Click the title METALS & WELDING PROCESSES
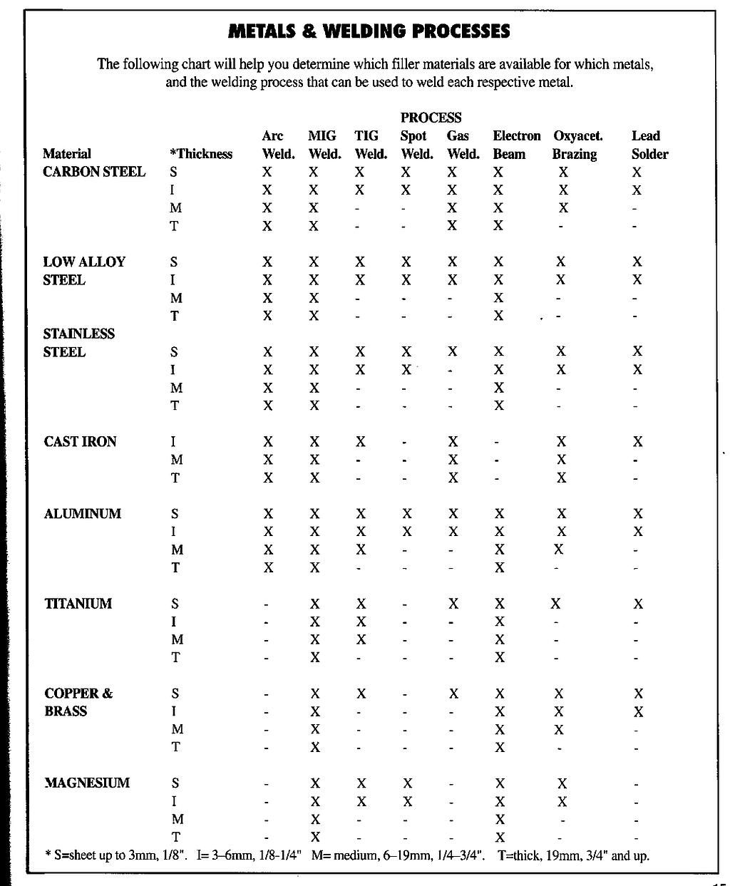[369, 31]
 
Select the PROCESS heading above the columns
[431, 118]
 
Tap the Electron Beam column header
[516, 145]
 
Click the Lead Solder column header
[649, 145]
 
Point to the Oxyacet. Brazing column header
[577, 145]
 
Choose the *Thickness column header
[201, 154]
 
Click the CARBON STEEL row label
[94, 172]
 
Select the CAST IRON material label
[80, 442]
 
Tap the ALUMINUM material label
[83, 514]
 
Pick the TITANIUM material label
[78, 604]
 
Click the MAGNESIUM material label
[87, 783]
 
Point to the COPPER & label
[78, 694]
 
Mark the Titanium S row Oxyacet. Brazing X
[555, 604]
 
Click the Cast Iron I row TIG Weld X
[361, 442]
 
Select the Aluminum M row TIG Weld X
[361, 550]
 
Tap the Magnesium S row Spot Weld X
[407, 783]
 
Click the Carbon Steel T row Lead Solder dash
[634, 227]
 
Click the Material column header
[67, 154]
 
